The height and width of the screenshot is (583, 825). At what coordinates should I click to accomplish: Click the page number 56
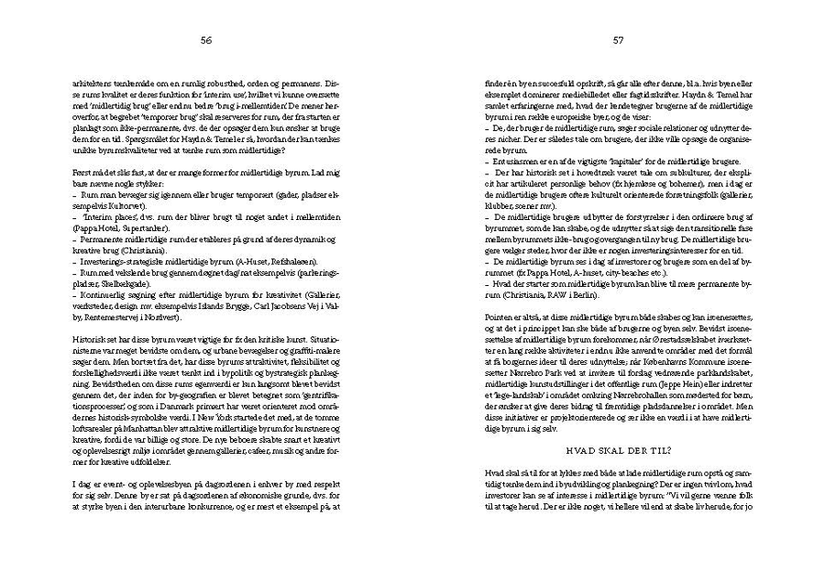click(x=206, y=40)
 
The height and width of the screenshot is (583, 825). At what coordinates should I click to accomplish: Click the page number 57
click(x=618, y=40)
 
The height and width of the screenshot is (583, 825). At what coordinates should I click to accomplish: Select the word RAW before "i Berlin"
click(x=570, y=297)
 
